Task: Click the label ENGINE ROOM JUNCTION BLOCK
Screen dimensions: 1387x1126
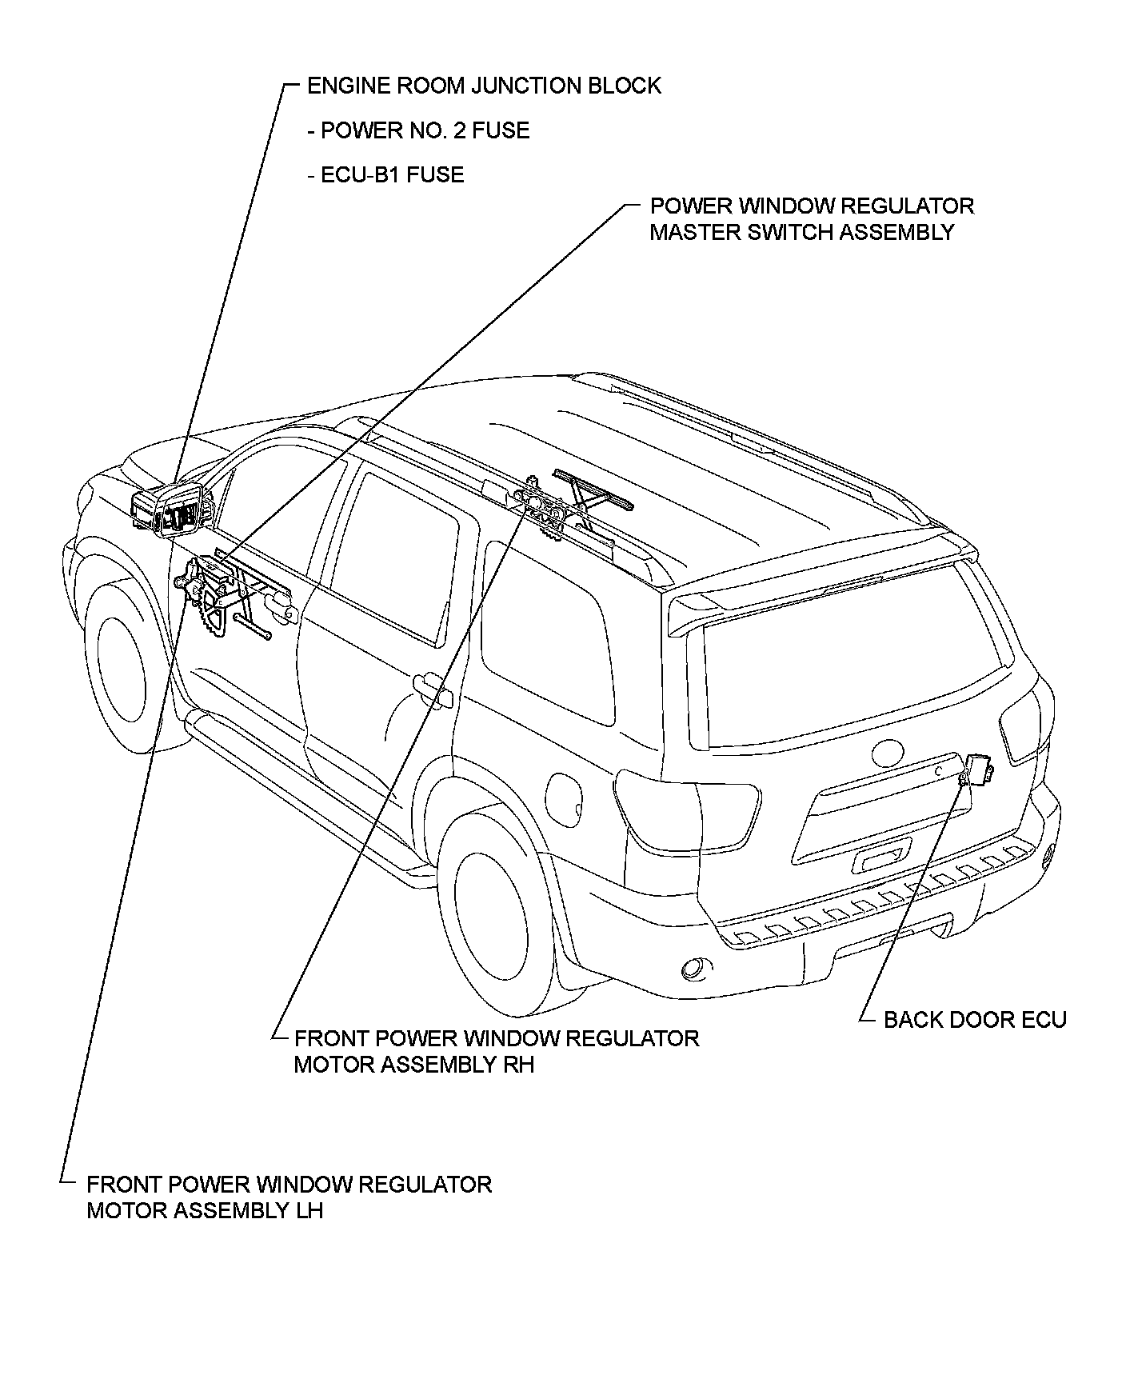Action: coord(484,86)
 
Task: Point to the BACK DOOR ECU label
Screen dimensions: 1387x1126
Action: coord(975,1020)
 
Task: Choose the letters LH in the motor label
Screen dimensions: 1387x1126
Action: coord(309,1210)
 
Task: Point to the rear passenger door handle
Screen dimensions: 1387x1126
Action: coord(432,687)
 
